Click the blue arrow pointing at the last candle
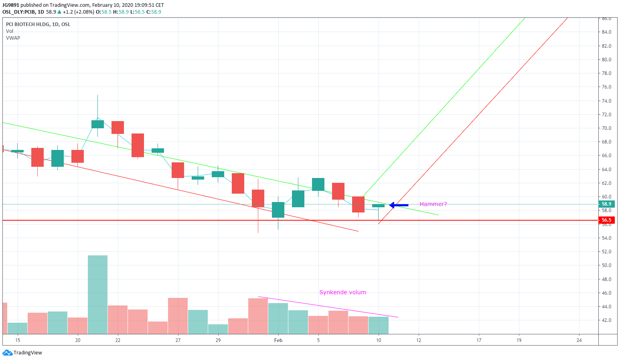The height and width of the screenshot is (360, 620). (x=399, y=205)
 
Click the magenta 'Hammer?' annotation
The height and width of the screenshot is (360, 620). (x=433, y=204)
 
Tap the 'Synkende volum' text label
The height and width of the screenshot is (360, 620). (x=342, y=292)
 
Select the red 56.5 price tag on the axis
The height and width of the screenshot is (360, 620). (x=606, y=220)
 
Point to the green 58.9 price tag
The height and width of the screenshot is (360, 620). (x=606, y=204)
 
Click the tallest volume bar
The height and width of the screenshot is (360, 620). (x=97, y=295)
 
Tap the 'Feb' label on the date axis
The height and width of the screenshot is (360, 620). (x=278, y=340)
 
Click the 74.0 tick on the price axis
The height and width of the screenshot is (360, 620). (x=606, y=101)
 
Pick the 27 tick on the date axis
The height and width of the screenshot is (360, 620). (x=178, y=340)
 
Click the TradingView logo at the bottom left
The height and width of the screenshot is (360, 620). (x=22, y=353)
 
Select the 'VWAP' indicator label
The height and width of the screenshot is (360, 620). (x=13, y=38)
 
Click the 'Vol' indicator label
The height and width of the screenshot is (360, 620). (x=10, y=31)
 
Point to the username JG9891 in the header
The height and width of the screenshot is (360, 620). (x=10, y=5)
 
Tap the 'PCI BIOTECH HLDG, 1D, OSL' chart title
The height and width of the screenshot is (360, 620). (x=38, y=24)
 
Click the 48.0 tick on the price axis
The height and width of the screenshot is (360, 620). (x=606, y=279)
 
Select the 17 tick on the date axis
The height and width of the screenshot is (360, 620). (x=479, y=340)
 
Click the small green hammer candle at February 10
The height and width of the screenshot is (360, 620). (x=378, y=206)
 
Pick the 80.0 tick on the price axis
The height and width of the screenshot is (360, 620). (x=606, y=60)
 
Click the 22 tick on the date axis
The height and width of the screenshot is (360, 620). (x=118, y=340)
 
